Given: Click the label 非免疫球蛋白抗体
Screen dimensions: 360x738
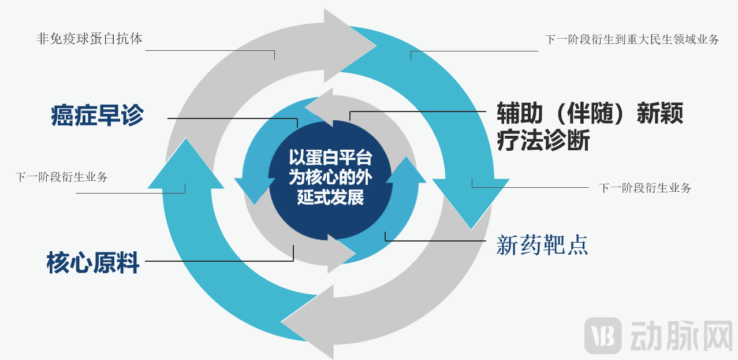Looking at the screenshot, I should (89, 39).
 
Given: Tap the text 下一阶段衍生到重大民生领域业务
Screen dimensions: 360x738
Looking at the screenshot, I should (632, 40).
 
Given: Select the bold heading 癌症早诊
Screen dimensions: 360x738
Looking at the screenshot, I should (98, 115).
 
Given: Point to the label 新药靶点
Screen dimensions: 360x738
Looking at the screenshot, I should (542, 246).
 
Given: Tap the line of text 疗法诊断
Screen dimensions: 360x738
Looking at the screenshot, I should (543, 140).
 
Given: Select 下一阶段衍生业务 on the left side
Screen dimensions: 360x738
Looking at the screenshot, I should (61, 177).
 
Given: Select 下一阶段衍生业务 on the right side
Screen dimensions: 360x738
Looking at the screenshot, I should (645, 188).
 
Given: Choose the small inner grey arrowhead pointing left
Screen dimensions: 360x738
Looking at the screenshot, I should (320, 107).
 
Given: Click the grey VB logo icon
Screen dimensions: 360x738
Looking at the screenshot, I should (603, 335).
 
